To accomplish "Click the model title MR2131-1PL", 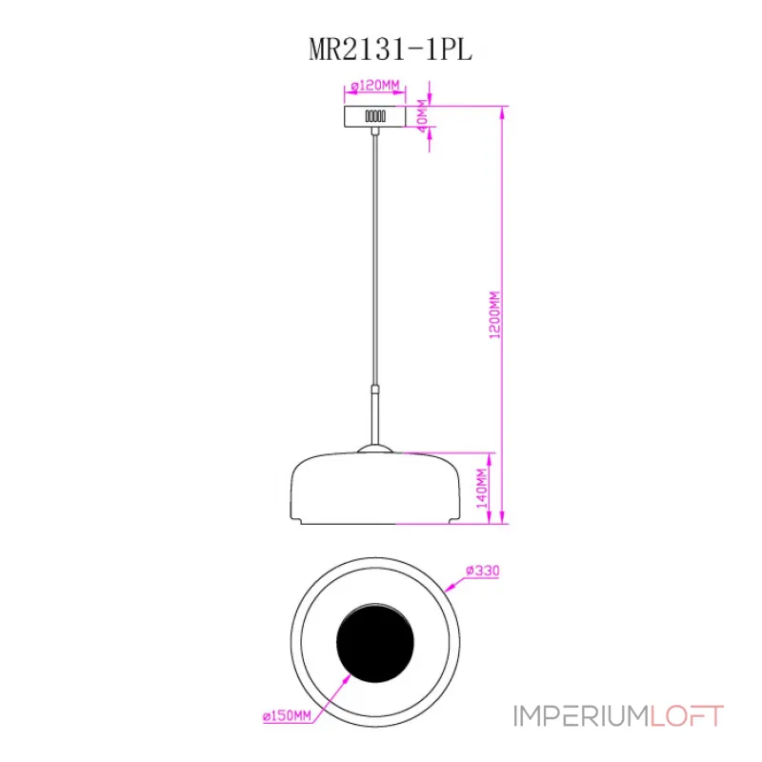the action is [391, 50].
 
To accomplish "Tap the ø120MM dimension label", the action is [375, 86].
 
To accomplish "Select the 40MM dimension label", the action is [422, 115].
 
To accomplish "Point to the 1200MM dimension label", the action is [494, 315].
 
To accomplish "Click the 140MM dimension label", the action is [482, 489].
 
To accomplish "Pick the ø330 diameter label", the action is [483, 570].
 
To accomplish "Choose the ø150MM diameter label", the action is [287, 716].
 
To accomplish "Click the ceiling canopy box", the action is [374, 116].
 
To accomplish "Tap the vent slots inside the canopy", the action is [375, 116].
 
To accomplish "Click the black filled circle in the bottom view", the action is [375, 642].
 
